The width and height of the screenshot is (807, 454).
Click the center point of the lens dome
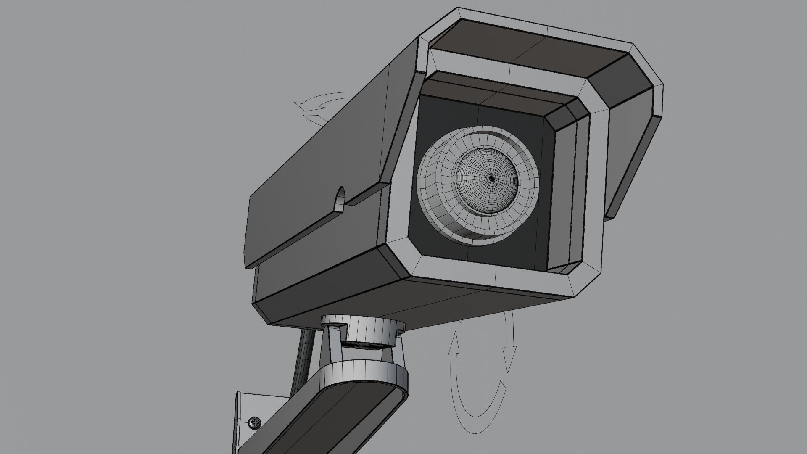(491, 178)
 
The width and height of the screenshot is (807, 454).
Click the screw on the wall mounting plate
(254, 423)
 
